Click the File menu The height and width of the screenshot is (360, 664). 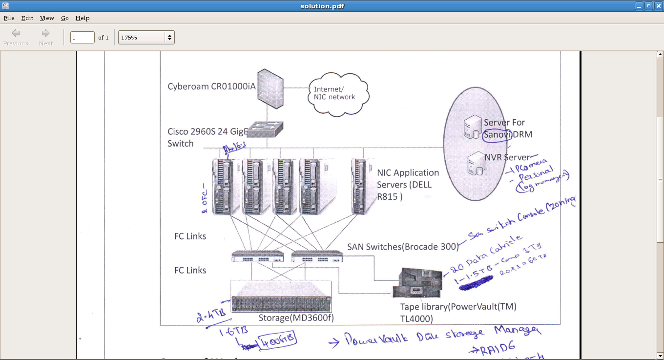[9, 18]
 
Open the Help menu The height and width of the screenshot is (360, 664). [82, 18]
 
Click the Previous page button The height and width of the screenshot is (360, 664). [16, 37]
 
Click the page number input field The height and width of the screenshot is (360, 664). [82, 37]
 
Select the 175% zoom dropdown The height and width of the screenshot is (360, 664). [146, 37]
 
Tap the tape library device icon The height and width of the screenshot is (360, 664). [419, 283]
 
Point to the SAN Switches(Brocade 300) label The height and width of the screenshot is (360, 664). [403, 247]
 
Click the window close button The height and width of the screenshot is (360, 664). [658, 6]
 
